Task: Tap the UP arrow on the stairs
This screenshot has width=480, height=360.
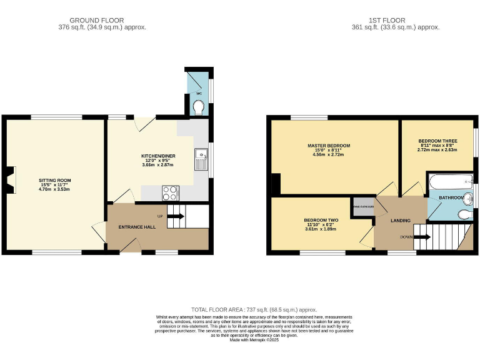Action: pos(176,216)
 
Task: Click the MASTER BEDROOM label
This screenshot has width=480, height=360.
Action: pos(329,146)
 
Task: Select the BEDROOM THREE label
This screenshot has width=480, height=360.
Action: pos(437,141)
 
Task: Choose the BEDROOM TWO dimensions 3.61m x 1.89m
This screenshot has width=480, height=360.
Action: pos(321,229)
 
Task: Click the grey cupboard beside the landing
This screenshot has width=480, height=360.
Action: pos(363,206)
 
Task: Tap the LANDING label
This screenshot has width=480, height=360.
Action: pos(400,221)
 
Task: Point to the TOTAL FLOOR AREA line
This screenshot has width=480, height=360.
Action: pos(254,310)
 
